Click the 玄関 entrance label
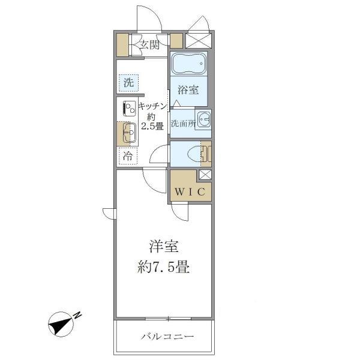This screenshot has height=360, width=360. point(149,44)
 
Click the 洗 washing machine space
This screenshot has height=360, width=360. point(128,83)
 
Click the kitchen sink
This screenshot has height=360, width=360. point(128,133)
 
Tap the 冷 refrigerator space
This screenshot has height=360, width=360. point(128,155)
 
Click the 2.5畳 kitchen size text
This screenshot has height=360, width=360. point(152,127)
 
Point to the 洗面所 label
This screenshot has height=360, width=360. point(182,124)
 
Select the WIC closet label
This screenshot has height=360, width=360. point(191,192)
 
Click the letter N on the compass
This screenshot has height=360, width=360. point(77,315)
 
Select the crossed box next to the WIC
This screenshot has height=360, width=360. point(205,176)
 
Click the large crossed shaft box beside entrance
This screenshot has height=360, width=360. point(199,40)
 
